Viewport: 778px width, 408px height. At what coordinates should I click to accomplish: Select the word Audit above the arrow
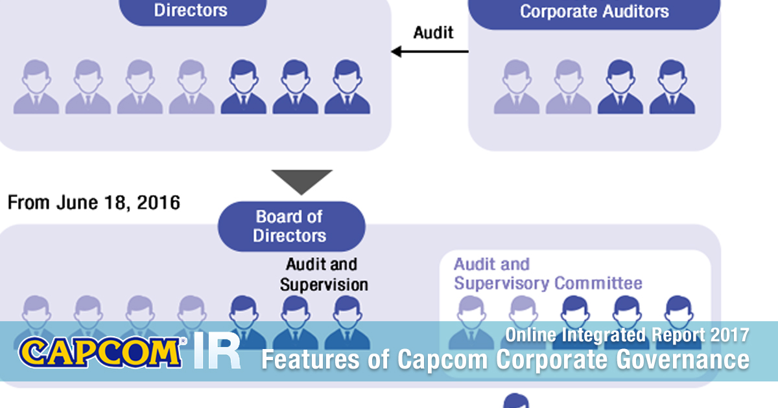coord(433,32)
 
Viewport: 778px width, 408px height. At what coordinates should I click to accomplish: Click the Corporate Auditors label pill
coord(594,12)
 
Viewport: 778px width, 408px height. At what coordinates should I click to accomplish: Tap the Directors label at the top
coord(191,10)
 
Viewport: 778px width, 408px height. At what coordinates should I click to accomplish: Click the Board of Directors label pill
coord(290,226)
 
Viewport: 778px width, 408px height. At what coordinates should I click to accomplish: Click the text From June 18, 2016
coord(93,203)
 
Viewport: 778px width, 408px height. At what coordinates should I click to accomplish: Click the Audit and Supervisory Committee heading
coord(548,274)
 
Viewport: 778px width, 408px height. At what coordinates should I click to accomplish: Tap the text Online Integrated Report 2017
coord(627,335)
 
